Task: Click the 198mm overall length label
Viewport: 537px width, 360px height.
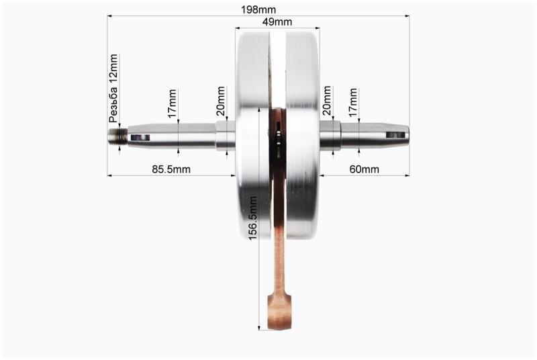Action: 258,9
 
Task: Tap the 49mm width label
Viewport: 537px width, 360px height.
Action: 277,22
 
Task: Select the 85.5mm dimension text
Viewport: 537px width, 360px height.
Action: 171,169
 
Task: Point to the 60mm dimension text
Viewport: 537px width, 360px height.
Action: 364,169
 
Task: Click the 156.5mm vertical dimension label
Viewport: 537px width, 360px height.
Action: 253,218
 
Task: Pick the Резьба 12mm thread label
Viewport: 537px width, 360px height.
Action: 113,89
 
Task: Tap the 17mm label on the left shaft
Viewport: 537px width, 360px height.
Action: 173,103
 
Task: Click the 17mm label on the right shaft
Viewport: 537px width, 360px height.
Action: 353,102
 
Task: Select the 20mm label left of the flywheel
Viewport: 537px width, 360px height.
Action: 221,101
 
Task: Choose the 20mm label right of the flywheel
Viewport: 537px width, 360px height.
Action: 327,100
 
